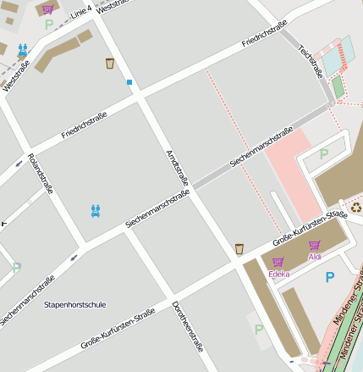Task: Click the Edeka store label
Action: coord(278,274)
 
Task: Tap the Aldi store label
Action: coord(315,256)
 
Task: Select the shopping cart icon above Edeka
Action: coord(278,262)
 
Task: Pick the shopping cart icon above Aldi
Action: coord(315,245)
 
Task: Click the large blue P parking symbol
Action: coord(330,276)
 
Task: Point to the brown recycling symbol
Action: coord(356,205)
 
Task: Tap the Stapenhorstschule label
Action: coord(75,303)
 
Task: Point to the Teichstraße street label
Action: coord(311,61)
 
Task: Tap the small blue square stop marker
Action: coord(129,82)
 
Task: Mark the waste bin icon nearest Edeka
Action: coord(239,248)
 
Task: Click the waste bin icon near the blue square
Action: coord(110,63)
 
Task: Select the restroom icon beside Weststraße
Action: coord(22,52)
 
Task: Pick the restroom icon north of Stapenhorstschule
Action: coord(96,209)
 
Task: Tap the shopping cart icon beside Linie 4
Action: coord(47,9)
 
